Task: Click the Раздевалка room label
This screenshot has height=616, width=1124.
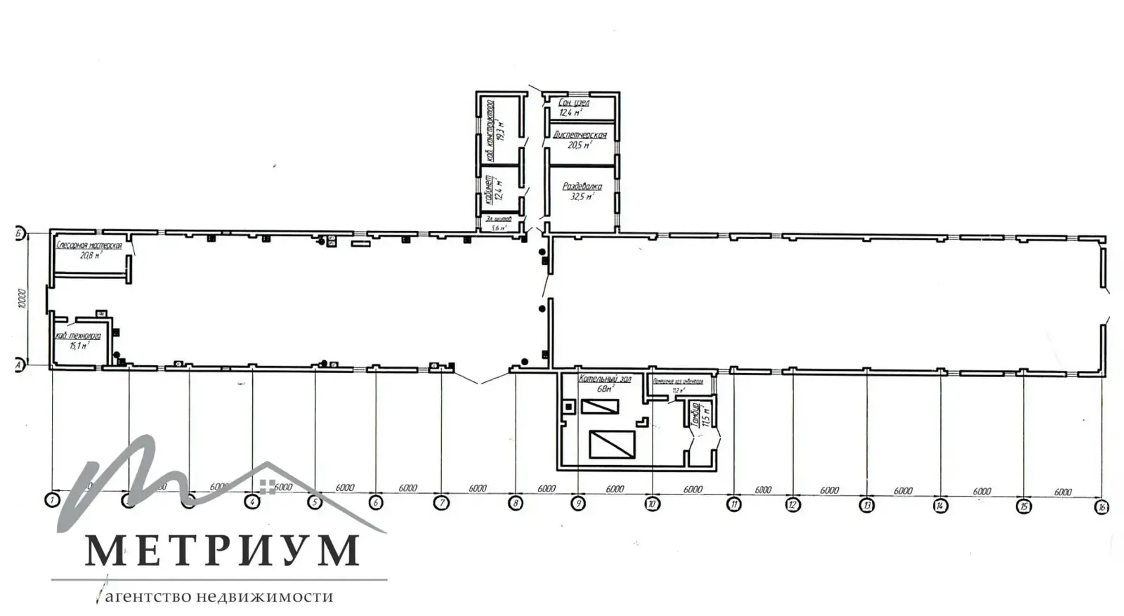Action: pos(582,187)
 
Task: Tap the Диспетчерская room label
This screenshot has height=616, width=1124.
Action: pos(580,135)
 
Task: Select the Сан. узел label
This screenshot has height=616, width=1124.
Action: pos(574,103)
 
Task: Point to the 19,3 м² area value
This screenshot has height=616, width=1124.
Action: pos(501,130)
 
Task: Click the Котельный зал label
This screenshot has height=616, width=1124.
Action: pos(605,379)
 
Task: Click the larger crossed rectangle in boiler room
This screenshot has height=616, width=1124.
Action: pos(612,445)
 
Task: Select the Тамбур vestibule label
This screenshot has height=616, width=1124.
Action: pos(695,414)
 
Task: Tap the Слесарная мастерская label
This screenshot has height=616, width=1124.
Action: pos(89,246)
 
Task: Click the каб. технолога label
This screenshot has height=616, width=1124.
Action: pos(78,336)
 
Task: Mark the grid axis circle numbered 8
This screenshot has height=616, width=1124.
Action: pos(516,503)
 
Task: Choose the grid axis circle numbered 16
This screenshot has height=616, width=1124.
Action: pos(1102,506)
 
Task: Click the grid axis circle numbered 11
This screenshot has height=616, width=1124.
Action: pos(733,504)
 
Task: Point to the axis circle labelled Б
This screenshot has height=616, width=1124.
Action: pos(20,232)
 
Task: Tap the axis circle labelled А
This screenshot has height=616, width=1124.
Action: pos(20,365)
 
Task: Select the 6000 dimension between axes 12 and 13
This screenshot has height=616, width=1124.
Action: pos(830,490)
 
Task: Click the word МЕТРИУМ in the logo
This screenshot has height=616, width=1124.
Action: pos(222,550)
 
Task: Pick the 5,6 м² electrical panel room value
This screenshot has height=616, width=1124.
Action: pos(499,228)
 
